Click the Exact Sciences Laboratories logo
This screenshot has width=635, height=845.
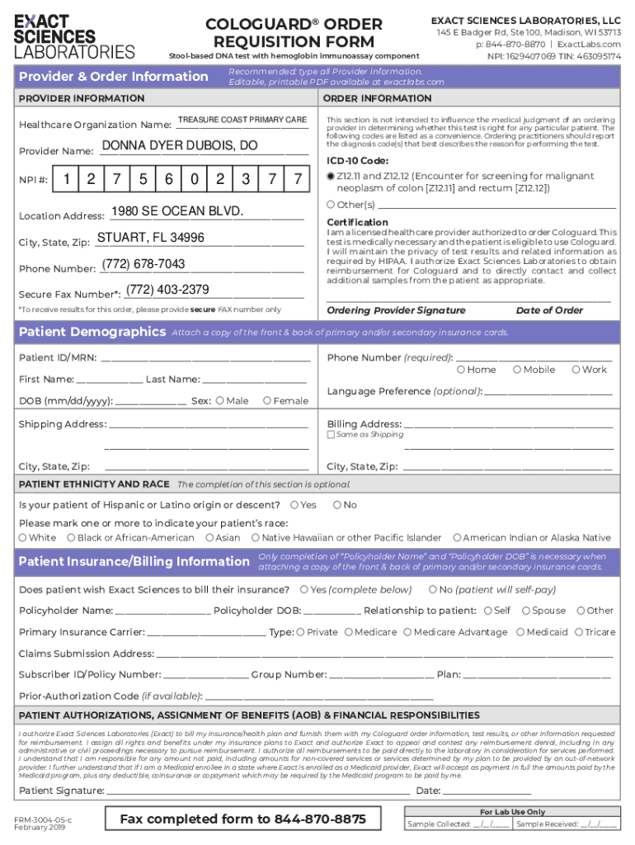[74, 37]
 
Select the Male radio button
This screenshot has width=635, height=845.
[219, 401]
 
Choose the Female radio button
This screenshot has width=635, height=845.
[266, 401]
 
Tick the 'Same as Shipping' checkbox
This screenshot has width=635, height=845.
[331, 435]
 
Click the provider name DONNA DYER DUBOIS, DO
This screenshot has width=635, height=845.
[180, 146]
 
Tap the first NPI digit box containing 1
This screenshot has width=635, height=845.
[67, 179]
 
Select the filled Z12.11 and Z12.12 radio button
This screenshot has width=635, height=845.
[331, 177]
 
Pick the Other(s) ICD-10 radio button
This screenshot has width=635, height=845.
[331, 205]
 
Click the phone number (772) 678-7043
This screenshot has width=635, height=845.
[143, 264]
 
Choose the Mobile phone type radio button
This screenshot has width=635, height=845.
[516, 370]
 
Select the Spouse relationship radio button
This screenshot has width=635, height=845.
[525, 611]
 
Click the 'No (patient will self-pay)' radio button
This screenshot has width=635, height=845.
[433, 590]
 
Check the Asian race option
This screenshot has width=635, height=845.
[209, 538]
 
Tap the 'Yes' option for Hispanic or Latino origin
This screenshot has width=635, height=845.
[295, 505]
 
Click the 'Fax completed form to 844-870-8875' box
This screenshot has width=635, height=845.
[242, 819]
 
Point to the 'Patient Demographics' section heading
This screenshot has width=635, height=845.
[92, 332]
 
